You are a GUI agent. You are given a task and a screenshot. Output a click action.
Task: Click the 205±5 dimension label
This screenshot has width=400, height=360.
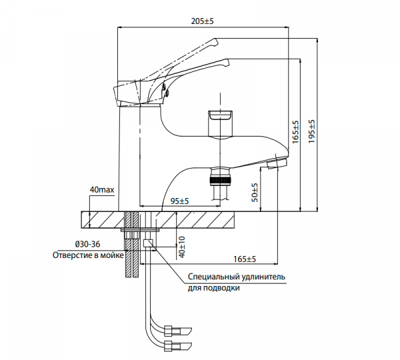click(x=202, y=21)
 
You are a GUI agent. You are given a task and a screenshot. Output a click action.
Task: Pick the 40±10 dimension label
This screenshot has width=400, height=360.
click(x=181, y=245)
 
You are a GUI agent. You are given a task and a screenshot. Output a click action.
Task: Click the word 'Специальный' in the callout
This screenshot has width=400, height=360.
click(x=211, y=277)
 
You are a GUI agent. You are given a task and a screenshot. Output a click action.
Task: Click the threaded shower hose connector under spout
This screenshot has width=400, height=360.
click(x=219, y=181)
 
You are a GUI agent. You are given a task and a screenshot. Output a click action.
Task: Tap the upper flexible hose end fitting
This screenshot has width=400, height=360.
click(x=179, y=330)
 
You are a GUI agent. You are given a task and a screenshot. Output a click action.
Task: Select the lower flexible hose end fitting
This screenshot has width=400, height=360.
click(x=179, y=345)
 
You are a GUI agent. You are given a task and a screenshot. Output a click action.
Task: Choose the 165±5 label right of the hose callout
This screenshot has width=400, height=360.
click(x=245, y=259)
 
